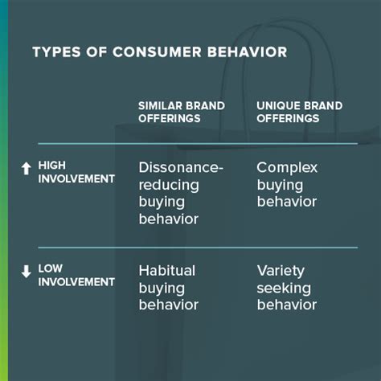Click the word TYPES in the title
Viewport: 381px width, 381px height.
click(56, 52)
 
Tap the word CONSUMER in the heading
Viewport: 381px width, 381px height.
click(157, 52)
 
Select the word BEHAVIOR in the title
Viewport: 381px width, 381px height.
click(248, 52)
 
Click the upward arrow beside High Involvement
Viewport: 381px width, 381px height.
click(26, 168)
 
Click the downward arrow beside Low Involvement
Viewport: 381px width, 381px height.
click(26, 271)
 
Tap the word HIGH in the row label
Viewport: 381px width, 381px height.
click(52, 166)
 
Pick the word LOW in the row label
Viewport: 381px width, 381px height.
click(51, 268)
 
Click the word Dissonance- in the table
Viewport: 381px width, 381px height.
click(181, 167)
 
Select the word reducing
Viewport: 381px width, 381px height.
click(169, 186)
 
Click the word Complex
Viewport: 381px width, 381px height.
click(287, 168)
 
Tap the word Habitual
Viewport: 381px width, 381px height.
click(167, 271)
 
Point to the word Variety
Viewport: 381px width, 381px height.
click(281, 272)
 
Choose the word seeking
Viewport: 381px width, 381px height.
click(284, 289)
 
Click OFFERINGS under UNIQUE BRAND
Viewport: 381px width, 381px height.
click(288, 118)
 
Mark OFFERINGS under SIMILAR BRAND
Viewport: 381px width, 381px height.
click(170, 118)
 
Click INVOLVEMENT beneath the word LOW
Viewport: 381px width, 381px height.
click(76, 282)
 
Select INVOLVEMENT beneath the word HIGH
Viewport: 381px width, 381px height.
click(76, 179)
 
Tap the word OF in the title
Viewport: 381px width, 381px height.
click(96, 52)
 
